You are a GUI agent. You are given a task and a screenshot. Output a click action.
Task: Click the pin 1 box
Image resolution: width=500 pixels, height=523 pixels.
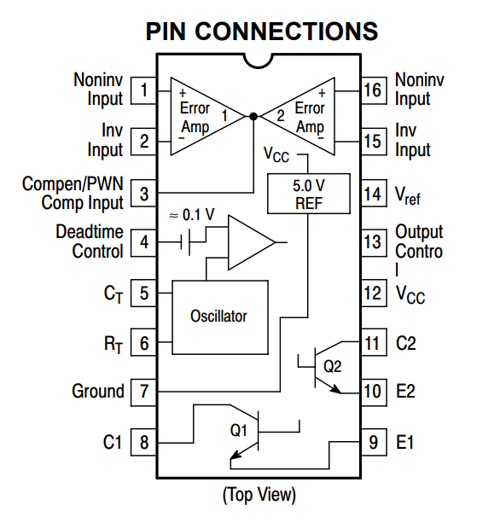(x=143, y=90)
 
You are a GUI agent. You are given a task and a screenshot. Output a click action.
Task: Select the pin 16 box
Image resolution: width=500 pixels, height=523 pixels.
(x=374, y=90)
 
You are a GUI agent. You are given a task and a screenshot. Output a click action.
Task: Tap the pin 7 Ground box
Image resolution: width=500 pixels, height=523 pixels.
(x=143, y=392)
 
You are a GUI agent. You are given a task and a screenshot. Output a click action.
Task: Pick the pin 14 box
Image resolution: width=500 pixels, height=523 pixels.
(x=374, y=194)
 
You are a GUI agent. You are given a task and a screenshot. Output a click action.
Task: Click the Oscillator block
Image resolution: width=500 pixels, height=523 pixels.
(x=220, y=317)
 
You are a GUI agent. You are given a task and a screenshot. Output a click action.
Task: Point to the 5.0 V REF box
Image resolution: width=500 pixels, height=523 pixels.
(x=309, y=194)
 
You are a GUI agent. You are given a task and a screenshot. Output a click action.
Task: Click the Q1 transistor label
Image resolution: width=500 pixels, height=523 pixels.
(x=239, y=430)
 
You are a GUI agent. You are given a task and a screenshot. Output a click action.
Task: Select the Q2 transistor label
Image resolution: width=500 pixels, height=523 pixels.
(x=333, y=367)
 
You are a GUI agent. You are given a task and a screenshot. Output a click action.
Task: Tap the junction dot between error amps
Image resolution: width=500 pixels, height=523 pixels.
(x=253, y=116)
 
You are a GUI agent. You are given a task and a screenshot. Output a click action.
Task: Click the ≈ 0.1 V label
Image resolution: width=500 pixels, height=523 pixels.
(x=192, y=215)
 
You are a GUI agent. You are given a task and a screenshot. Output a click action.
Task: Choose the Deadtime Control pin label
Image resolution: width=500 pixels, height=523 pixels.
(x=90, y=241)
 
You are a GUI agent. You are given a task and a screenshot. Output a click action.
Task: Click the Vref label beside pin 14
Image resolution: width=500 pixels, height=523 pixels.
(x=408, y=195)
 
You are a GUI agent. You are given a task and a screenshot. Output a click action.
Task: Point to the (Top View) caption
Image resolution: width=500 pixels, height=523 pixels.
(x=259, y=495)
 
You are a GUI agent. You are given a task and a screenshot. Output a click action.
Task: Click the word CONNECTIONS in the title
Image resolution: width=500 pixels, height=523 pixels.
(x=286, y=32)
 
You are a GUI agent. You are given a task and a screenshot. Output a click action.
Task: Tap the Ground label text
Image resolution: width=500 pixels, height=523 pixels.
(x=98, y=392)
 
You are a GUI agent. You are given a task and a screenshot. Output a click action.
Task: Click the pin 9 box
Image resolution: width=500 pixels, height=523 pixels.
(x=374, y=442)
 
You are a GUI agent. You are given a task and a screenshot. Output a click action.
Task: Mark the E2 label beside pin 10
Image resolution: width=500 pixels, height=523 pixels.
(x=405, y=391)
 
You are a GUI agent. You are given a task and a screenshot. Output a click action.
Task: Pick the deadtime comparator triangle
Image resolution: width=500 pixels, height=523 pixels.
(x=252, y=242)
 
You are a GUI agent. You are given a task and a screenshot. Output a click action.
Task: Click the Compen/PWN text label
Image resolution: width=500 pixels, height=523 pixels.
(x=73, y=183)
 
